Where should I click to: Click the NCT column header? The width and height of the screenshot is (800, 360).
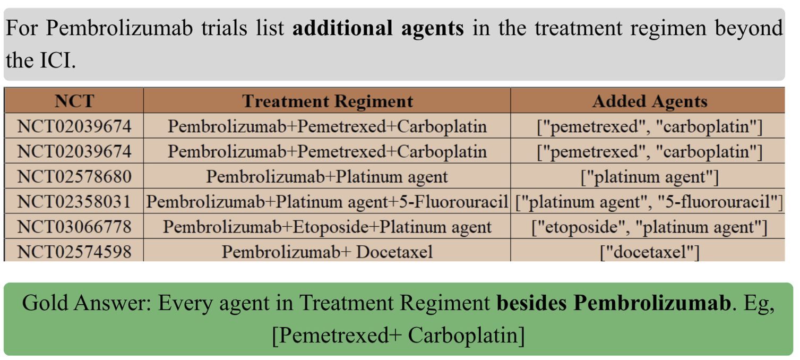coord(74,101)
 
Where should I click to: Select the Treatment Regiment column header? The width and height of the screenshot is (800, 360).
coord(327,101)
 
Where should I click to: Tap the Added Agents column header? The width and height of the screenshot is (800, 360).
coord(650,101)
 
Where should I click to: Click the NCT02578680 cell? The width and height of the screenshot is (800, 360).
coord(74,176)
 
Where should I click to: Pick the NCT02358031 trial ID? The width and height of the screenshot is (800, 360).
coord(74,201)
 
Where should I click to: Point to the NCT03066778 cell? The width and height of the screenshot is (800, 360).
coord(74,227)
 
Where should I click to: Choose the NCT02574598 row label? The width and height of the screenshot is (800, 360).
coord(74,252)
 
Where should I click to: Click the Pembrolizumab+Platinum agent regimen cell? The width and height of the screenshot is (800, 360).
coord(327,176)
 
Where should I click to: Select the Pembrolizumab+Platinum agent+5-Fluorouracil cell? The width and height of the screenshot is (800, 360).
coord(327,201)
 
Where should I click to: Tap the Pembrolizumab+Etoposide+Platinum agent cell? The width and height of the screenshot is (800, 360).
coord(327,227)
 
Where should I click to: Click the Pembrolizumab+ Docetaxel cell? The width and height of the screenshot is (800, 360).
coord(327,252)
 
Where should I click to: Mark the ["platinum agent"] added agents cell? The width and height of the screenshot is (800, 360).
coord(650,177)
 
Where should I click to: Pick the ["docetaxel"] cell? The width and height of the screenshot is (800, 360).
coord(650,252)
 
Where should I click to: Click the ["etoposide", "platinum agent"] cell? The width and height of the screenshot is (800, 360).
coord(650,227)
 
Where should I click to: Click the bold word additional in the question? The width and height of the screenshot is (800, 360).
coord(342,28)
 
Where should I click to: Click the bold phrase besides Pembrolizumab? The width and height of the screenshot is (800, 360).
coord(614,303)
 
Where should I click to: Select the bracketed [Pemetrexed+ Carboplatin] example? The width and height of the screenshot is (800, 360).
coord(398,336)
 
